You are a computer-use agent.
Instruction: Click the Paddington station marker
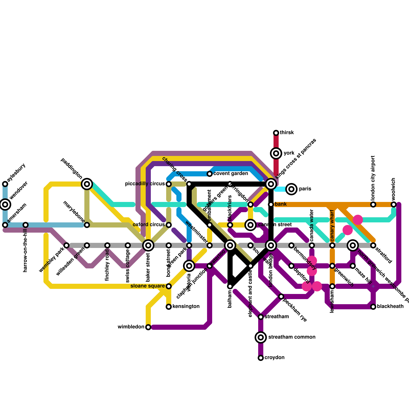[x=87, y=184]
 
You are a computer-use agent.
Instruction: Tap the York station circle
[x=276, y=153]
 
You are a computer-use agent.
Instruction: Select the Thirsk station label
[x=287, y=133]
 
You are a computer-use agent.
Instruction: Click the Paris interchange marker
[x=291, y=189]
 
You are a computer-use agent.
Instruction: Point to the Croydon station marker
[x=261, y=358]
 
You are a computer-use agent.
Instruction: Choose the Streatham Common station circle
[x=261, y=337]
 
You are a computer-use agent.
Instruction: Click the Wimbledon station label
[x=131, y=327]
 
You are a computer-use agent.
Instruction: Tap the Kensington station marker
[x=169, y=307]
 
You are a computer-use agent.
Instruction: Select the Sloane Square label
[x=147, y=286]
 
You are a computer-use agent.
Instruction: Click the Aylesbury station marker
[x=5, y=184]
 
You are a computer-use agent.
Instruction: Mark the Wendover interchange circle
[x=5, y=204]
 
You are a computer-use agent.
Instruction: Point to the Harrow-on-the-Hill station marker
[x=26, y=225]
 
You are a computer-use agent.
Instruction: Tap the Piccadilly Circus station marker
[x=169, y=184]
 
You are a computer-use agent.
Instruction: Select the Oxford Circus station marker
[x=169, y=225]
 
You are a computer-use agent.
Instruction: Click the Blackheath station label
[x=390, y=306]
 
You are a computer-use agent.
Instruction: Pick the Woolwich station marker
[x=394, y=204]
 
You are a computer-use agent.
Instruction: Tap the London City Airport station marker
[x=373, y=204]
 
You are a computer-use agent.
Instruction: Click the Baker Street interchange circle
[x=148, y=245]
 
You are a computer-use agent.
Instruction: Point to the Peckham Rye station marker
[x=281, y=297]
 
